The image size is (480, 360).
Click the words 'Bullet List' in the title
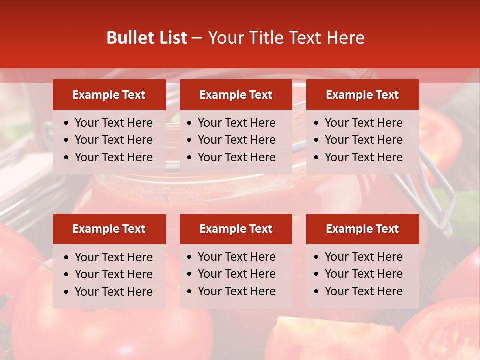[x=147, y=38]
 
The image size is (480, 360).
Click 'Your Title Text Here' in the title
[x=286, y=38]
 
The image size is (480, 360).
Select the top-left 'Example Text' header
[x=109, y=95]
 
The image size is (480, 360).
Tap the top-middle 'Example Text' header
[x=236, y=95]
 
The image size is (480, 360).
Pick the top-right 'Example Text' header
[x=362, y=95]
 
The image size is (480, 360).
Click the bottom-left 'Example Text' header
[x=109, y=229]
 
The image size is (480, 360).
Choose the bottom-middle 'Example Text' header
[x=236, y=229]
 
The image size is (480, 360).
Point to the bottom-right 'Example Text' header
[x=362, y=229]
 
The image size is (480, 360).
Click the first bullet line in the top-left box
[x=113, y=123]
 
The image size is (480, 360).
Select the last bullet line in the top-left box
[x=113, y=157]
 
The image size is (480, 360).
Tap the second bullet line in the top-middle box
[x=236, y=140]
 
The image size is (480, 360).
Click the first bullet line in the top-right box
[x=363, y=123]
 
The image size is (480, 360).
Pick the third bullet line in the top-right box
[x=363, y=157]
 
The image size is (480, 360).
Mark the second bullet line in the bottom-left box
[x=113, y=274]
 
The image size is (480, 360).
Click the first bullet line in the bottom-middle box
[x=236, y=257]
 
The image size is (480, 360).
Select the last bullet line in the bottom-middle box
[x=236, y=291]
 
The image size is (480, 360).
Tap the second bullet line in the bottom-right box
[x=363, y=274]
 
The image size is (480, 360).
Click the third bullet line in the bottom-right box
[x=363, y=291]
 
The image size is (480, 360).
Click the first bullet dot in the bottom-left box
[x=66, y=258]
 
